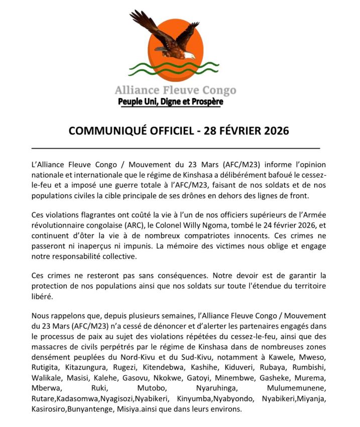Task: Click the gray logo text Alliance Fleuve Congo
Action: (175, 90)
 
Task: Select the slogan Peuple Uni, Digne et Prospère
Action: (170, 102)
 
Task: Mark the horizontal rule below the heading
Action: (176, 149)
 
